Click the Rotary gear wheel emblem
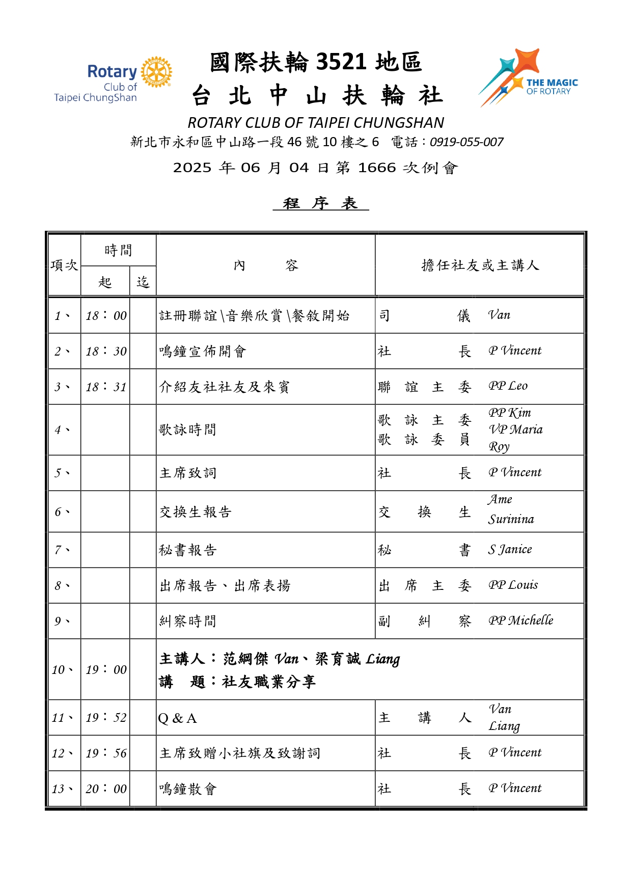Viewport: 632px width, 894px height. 156,72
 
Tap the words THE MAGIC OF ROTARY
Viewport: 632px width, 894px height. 552,87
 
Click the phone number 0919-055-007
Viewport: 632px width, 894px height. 466,142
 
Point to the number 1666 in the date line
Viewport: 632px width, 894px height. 377,168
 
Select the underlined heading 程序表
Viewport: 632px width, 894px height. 320,203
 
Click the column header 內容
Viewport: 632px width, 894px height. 265,265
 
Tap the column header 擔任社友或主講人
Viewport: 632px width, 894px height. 480,265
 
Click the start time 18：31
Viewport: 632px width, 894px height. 106,387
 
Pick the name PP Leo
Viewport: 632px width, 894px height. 508,386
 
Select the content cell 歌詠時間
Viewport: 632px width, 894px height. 188,430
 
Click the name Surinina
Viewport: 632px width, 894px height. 511,520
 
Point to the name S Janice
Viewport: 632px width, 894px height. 510,550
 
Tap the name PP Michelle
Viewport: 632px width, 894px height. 520,621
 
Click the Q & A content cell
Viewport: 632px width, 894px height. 177,718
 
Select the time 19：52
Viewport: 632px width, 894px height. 106,718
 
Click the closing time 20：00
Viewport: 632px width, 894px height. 106,789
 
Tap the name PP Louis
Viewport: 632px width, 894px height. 513,585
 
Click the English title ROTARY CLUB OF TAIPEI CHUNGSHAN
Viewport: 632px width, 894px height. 316,123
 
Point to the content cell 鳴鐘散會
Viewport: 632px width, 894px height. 188,789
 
